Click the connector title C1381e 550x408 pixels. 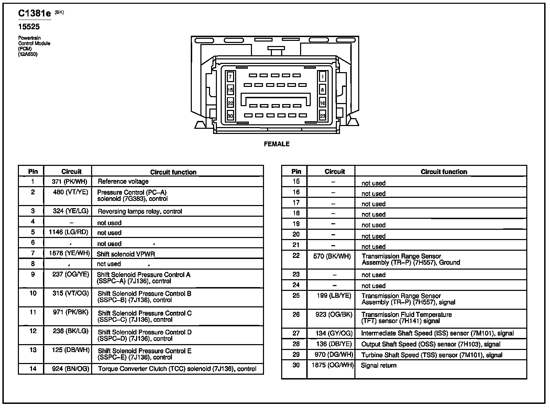click(34, 13)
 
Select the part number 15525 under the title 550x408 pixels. click(29, 27)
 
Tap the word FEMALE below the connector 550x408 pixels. click(277, 144)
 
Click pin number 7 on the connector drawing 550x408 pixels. click(230, 77)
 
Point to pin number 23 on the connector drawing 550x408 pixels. click(322, 116)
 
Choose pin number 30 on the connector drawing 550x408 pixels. click(230, 116)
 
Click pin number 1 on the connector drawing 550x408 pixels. click(322, 77)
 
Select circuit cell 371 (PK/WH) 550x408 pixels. click(70, 181)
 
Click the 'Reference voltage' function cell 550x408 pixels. click(123, 181)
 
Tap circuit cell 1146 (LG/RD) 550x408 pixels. click(68, 232)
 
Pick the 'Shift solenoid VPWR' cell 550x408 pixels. click(126, 254)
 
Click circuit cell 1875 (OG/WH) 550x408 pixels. click(332, 365)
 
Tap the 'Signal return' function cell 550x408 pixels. click(378, 365)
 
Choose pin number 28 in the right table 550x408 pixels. click(296, 344)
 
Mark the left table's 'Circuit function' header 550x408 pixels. click(173, 172)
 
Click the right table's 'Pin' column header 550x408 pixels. click(296, 171)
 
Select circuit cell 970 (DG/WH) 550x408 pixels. click(334, 355)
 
